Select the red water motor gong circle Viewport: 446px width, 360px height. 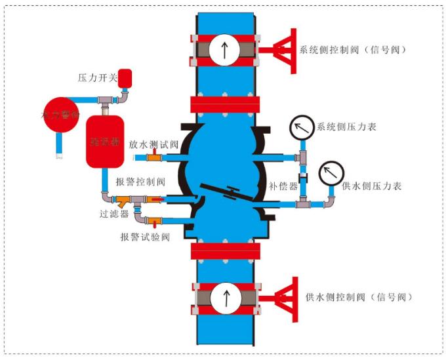coord(61,115)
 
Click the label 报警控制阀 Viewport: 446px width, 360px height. coord(140,182)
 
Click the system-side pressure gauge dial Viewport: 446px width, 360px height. coord(302,127)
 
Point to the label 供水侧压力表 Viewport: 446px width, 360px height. coord(372,186)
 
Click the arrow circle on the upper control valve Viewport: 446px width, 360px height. coord(224,50)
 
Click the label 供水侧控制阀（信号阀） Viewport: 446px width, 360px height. coord(359,297)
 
